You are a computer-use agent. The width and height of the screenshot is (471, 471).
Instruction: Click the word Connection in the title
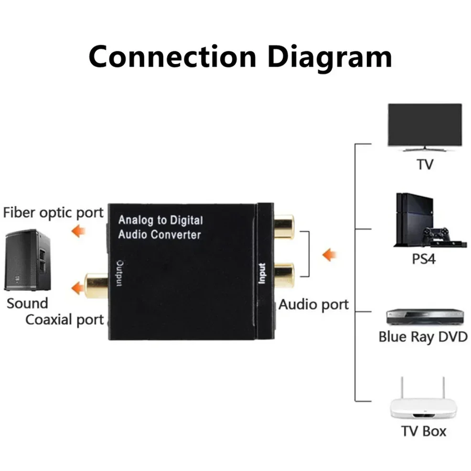pyautogui.click(x=173, y=57)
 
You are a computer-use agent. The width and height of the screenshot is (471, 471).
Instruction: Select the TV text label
pyautogui.click(x=424, y=164)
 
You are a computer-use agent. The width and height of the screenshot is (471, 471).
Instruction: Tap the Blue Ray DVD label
pyautogui.click(x=423, y=336)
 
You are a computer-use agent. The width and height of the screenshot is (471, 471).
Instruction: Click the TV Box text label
pyautogui.click(x=424, y=431)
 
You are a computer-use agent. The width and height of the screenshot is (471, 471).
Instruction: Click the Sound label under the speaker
pyautogui.click(x=28, y=303)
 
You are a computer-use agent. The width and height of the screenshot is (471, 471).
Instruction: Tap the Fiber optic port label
pyautogui.click(x=53, y=212)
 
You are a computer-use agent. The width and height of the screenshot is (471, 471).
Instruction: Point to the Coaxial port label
pyautogui.click(x=64, y=320)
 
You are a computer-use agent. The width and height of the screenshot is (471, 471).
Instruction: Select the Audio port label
pyautogui.click(x=314, y=304)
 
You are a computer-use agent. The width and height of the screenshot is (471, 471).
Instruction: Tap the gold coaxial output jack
pyautogui.click(x=96, y=285)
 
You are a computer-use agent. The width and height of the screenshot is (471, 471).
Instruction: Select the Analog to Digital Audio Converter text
pyautogui.click(x=160, y=227)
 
